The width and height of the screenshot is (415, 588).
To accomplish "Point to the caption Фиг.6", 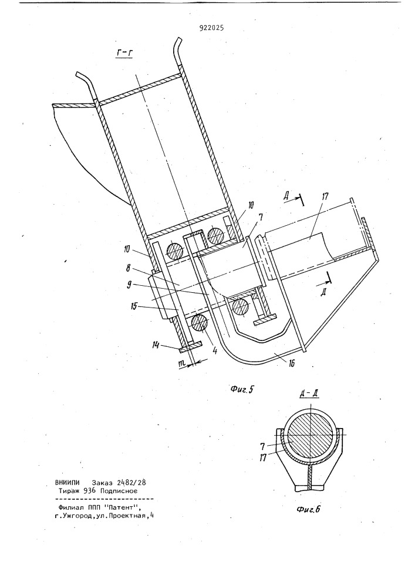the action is [x=308, y=509].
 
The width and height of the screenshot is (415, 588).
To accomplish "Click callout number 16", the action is [x=289, y=363].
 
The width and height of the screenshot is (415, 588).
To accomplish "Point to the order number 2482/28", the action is [x=131, y=483].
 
